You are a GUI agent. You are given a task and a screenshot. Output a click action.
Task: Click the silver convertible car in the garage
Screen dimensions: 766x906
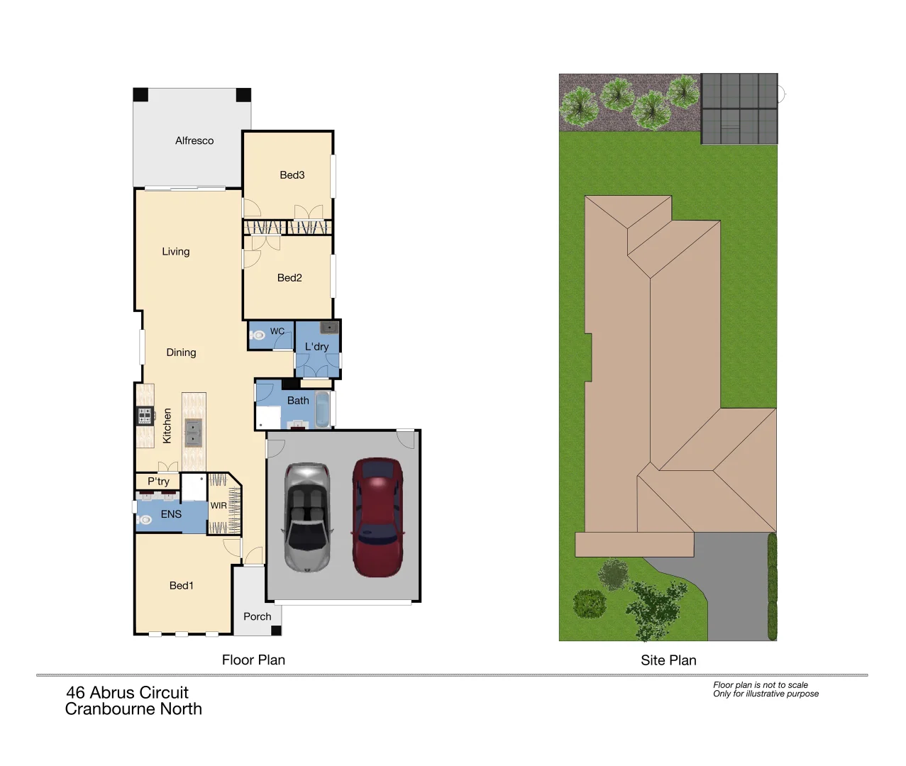(306, 517)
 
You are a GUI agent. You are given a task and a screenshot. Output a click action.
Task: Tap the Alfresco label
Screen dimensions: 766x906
(194, 141)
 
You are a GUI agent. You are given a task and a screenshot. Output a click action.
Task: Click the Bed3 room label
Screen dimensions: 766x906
(292, 175)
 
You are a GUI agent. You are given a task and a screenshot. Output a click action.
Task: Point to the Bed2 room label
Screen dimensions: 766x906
(289, 278)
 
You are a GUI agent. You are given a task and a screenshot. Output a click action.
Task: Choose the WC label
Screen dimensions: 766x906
(277, 331)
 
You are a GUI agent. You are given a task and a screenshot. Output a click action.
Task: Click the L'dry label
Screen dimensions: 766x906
(316, 347)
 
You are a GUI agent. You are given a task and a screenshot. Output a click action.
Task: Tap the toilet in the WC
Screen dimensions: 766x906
(258, 335)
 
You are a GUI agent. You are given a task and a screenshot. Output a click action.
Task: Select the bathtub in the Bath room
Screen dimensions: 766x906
(322, 410)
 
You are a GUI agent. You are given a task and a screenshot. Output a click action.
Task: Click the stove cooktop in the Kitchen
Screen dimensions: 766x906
(145, 416)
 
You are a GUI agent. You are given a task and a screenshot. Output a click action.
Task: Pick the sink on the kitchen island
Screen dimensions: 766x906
(193, 431)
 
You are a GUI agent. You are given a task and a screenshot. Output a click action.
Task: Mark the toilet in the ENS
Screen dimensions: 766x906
(145, 520)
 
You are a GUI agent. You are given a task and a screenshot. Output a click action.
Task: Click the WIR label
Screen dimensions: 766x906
(219, 506)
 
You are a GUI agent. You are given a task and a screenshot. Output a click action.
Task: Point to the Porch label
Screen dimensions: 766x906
(257, 617)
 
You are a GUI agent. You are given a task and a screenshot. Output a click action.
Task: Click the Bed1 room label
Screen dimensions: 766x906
(181, 586)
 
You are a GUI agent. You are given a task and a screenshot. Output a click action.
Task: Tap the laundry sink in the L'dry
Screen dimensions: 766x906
(328, 327)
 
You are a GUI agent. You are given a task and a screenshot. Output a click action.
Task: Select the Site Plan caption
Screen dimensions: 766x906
(668, 660)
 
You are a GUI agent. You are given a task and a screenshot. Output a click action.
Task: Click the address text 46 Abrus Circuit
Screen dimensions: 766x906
(128, 693)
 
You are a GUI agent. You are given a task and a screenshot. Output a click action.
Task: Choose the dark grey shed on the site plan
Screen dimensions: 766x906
(739, 109)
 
